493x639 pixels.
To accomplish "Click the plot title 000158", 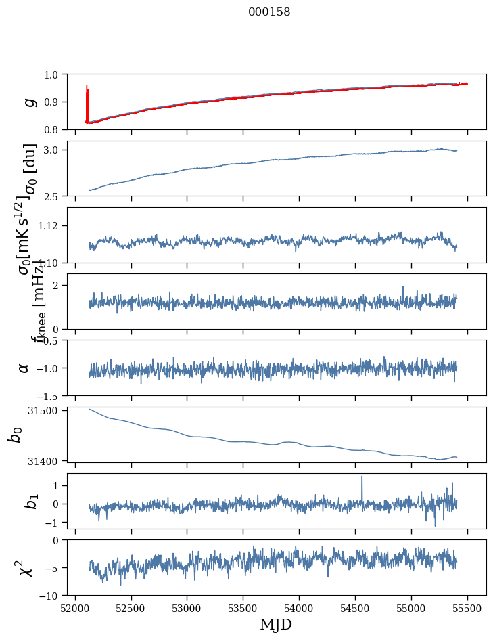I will (x=269, y=12).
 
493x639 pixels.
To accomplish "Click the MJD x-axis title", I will (x=276, y=625).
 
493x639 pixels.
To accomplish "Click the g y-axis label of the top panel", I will (x=28, y=102).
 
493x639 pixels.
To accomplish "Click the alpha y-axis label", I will (x=24, y=368).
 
